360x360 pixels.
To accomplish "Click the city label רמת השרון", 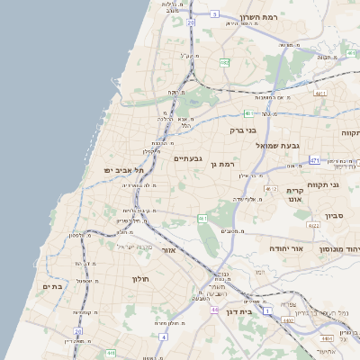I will click(x=263, y=18).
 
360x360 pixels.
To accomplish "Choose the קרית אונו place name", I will click(x=299, y=195).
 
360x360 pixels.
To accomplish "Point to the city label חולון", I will click(x=142, y=279).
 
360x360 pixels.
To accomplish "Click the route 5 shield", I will click(x=215, y=15).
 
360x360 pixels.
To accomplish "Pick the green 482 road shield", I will click(x=224, y=63).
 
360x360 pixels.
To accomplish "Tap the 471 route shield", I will click(x=314, y=161).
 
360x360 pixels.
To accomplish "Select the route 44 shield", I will click(x=215, y=309).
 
